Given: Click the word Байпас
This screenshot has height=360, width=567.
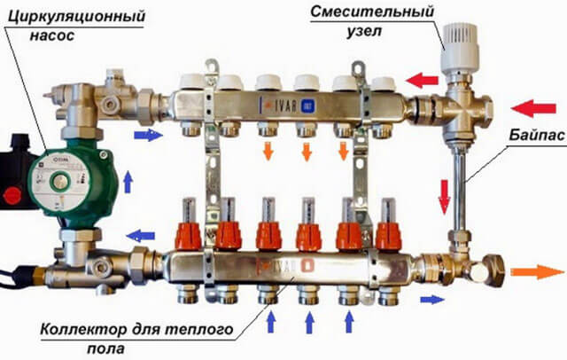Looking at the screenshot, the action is tap(537, 135).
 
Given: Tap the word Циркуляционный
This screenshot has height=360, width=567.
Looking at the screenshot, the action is tap(76, 17).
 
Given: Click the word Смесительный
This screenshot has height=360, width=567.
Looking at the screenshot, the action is tap(372, 12).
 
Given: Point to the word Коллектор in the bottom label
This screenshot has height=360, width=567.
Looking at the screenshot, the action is tap(83, 330).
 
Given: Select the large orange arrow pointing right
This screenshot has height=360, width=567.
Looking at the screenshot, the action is tap(538, 271).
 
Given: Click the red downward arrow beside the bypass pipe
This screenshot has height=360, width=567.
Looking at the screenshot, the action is tap(444, 197).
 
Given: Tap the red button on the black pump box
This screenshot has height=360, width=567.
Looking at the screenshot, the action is tap(13, 197).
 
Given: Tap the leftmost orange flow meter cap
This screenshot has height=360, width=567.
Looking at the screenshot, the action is tap(188, 236).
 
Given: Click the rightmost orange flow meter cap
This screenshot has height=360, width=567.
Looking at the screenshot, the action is tap(388, 236).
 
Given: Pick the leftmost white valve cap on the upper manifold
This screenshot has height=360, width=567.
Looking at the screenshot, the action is tap(191, 82).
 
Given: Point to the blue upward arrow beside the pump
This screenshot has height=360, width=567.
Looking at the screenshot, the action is tap(128, 182).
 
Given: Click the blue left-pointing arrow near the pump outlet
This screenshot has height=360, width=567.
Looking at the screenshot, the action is tap(141, 236).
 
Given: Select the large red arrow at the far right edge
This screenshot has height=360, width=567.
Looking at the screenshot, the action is tap(533, 108).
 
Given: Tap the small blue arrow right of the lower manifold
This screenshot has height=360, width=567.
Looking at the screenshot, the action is tap(432, 300).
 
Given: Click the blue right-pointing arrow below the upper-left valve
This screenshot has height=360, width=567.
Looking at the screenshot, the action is tap(148, 135).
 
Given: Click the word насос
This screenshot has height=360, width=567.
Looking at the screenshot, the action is tap(52, 35).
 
